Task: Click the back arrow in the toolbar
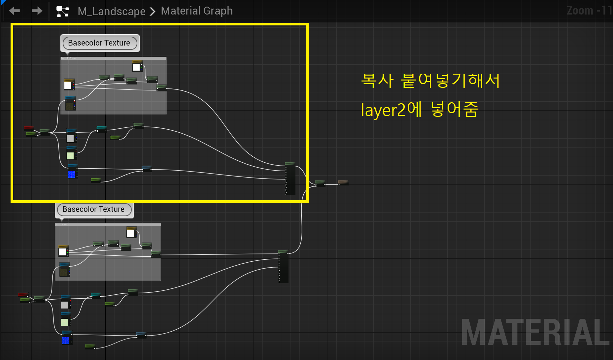tap(15, 11)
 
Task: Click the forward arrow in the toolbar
tap(37, 11)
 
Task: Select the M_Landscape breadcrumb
tap(111, 11)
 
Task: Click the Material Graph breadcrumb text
tap(197, 11)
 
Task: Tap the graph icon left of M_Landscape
tap(62, 11)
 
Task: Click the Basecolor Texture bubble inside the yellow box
tap(99, 43)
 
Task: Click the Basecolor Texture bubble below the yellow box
tap(93, 209)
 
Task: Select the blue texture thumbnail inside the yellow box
tap(71, 174)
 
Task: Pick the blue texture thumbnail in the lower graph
tap(66, 340)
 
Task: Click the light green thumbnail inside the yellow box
tap(70, 155)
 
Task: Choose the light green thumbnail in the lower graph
tap(65, 322)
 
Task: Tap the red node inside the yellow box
tap(29, 128)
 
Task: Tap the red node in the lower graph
tap(23, 294)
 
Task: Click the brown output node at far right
tap(343, 182)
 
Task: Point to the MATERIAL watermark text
tap(535, 332)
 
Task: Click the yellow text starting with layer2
tap(419, 110)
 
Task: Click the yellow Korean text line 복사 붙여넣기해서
tap(430, 81)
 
